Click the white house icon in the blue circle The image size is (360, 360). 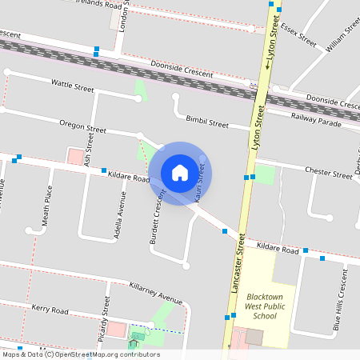click(x=180, y=173)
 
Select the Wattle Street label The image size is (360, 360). click(x=73, y=83)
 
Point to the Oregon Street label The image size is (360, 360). click(x=83, y=126)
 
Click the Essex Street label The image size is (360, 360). click(x=298, y=36)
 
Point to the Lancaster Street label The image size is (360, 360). click(x=238, y=263)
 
